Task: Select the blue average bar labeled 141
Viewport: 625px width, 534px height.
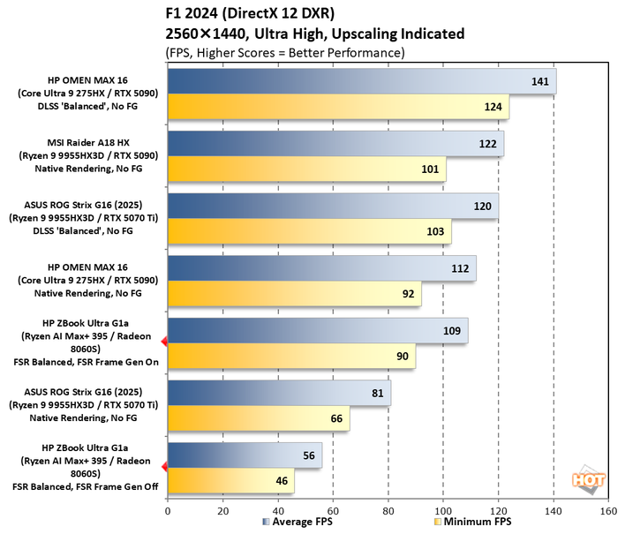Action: tap(361, 81)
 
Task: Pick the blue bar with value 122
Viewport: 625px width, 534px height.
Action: tap(335, 144)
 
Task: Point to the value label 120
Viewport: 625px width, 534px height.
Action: tap(483, 206)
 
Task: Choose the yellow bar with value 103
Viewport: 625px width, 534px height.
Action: tap(309, 232)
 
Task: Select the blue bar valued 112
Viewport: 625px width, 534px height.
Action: tap(321, 268)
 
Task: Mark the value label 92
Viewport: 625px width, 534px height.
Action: tap(408, 294)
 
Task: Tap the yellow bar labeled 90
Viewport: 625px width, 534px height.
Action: tap(291, 357)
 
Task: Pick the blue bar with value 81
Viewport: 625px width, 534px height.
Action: tap(279, 394)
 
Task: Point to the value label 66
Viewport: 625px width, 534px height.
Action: tap(335, 418)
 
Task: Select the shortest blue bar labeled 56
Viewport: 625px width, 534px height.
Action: tap(245, 455)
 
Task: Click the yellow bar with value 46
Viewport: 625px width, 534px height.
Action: tap(230, 481)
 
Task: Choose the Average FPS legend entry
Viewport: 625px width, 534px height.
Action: tap(299, 523)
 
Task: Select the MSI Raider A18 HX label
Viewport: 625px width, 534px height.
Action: tap(87, 141)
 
